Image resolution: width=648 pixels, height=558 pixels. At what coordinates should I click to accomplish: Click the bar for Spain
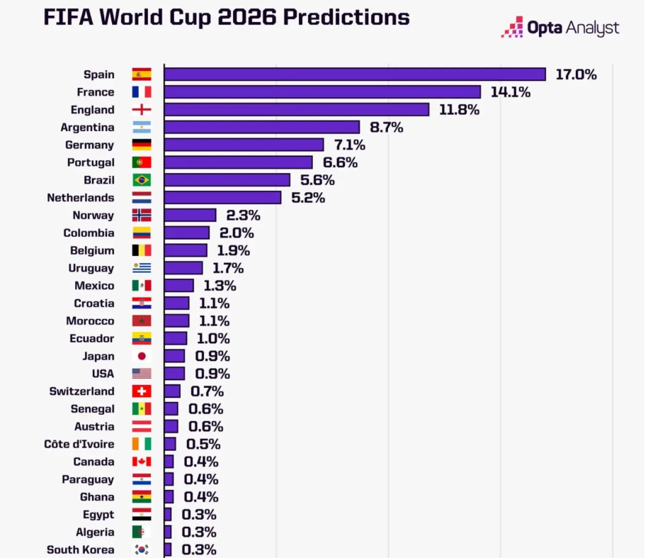click(354, 74)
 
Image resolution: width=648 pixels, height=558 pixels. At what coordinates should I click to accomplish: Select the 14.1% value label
click(510, 92)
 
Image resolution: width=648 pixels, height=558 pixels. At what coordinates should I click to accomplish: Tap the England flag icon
click(142, 110)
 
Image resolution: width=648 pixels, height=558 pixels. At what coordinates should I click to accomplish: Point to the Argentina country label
click(88, 128)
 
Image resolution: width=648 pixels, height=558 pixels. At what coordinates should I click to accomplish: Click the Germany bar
click(244, 145)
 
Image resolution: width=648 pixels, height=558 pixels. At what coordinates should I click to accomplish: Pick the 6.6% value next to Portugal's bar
click(340, 162)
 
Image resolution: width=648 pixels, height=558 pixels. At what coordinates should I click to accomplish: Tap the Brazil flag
click(142, 180)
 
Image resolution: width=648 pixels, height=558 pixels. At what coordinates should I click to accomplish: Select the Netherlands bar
click(222, 198)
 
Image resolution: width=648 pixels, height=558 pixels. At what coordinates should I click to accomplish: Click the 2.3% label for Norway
click(243, 216)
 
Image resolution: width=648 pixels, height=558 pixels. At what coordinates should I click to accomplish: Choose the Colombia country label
click(89, 233)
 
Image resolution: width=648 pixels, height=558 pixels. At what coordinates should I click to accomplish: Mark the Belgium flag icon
click(142, 250)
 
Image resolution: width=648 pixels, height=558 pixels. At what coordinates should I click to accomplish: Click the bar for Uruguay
click(183, 268)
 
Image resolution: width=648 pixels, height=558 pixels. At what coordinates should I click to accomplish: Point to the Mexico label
click(94, 286)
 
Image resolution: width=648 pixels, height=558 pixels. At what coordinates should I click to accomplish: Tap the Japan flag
click(142, 356)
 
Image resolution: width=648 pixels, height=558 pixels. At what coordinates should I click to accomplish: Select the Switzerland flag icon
click(142, 391)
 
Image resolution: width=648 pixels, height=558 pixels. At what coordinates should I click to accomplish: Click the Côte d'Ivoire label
click(79, 445)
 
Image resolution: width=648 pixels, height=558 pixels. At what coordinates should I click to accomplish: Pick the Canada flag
click(142, 462)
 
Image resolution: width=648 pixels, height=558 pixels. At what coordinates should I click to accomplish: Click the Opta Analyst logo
click(560, 28)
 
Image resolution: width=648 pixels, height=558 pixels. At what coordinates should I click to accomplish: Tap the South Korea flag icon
click(142, 549)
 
